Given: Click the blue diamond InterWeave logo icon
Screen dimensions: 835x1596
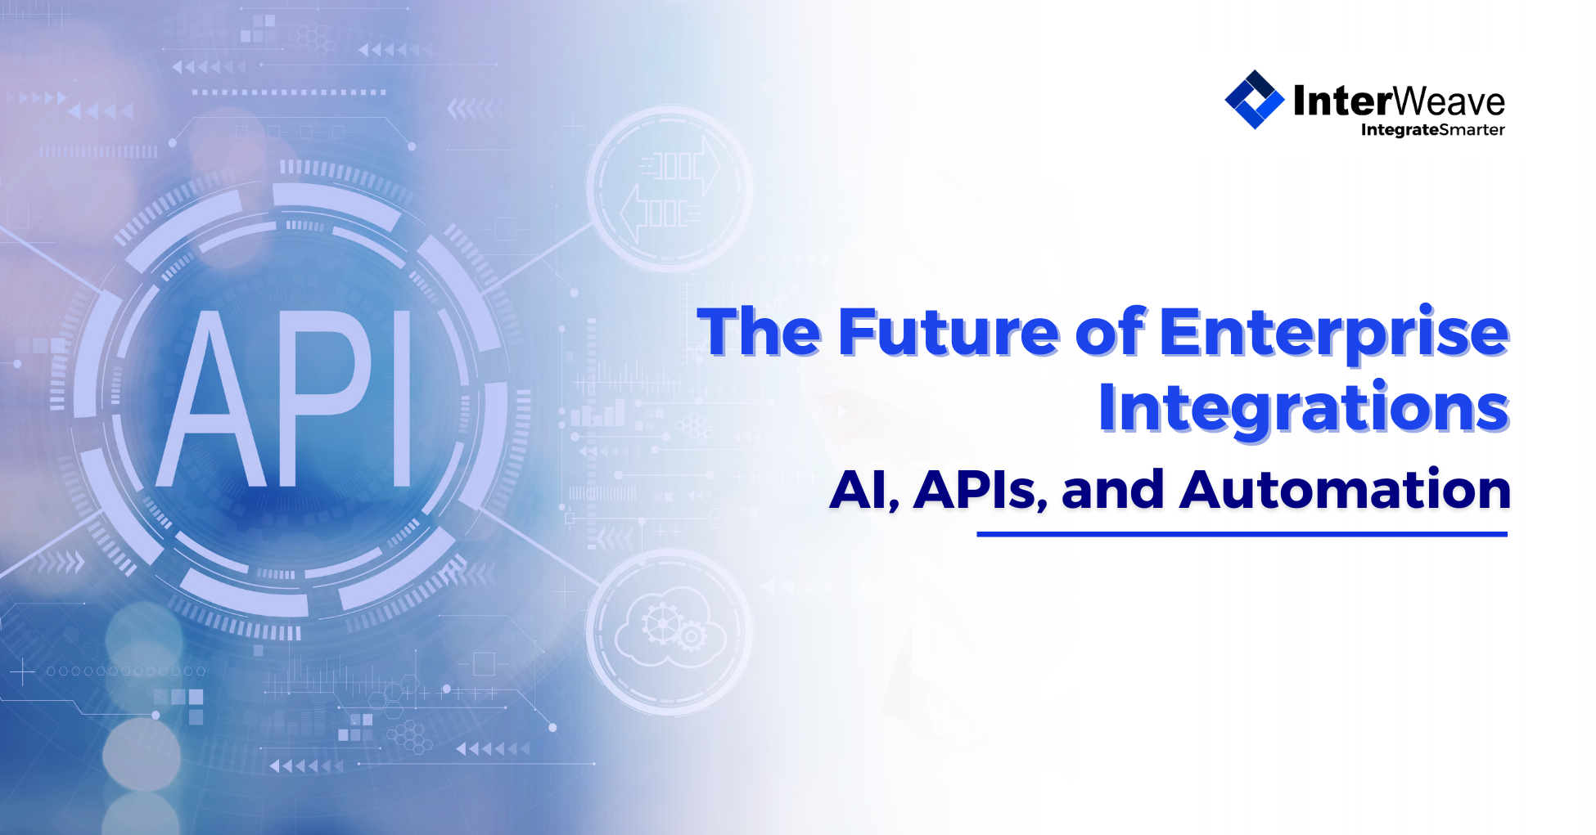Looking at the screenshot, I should (1254, 100).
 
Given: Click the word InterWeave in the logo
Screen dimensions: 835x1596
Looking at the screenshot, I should (1399, 101).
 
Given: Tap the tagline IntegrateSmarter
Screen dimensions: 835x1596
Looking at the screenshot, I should (1432, 130).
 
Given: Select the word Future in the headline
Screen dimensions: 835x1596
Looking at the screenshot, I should (949, 333).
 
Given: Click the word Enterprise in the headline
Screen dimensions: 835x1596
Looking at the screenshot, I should (1334, 333).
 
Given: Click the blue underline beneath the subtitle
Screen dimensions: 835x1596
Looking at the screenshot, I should (1242, 534).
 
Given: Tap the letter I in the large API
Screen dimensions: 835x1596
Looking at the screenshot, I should (401, 399).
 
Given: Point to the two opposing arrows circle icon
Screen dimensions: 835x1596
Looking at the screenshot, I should (670, 189).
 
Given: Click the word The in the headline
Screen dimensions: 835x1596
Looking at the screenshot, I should (759, 333).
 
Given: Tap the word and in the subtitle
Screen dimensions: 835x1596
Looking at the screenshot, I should (1112, 490).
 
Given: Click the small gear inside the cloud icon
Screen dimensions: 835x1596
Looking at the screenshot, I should (691, 635).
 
